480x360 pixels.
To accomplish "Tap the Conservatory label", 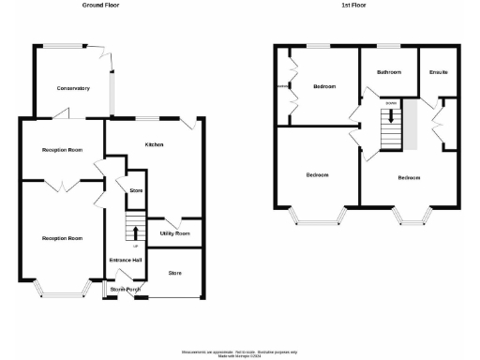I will pyautogui.click(x=72, y=88).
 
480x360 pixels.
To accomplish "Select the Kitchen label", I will pyautogui.click(x=154, y=144).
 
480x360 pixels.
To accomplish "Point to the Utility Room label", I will pyautogui.click(x=174, y=233).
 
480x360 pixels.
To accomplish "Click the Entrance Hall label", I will pyautogui.click(x=125, y=260).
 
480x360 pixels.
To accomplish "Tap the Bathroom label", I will pyautogui.click(x=389, y=72).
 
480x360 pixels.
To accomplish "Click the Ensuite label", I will pyautogui.click(x=438, y=72).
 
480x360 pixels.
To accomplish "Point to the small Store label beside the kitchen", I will pyautogui.click(x=135, y=191).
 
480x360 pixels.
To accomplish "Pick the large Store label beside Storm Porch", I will pyautogui.click(x=174, y=273).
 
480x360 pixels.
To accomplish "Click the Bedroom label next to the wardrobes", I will pyautogui.click(x=324, y=87).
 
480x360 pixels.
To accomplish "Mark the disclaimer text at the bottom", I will pyautogui.click(x=241, y=352).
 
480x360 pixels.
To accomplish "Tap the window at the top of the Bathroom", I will pyautogui.click(x=389, y=46).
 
